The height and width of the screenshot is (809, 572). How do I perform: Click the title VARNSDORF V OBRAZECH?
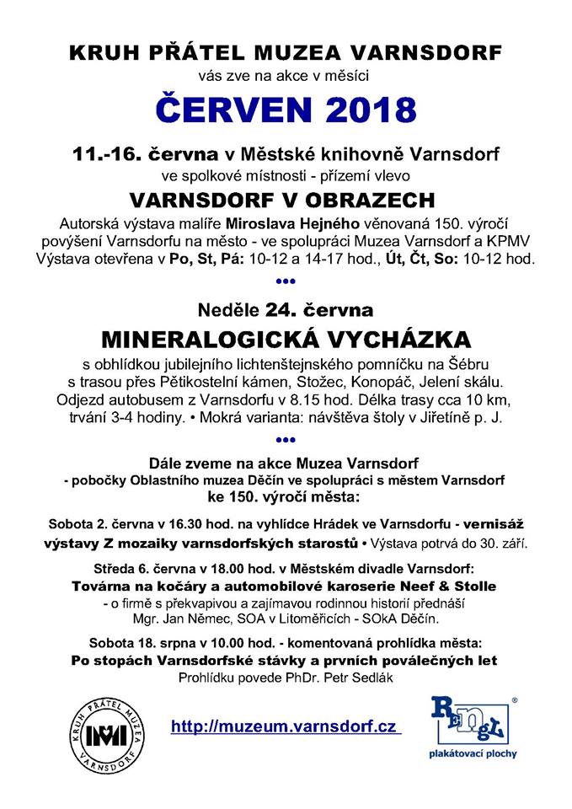point(286,201)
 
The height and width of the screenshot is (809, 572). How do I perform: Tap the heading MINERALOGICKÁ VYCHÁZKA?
point(286,340)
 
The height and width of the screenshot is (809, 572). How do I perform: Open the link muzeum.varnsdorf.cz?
point(285,726)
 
